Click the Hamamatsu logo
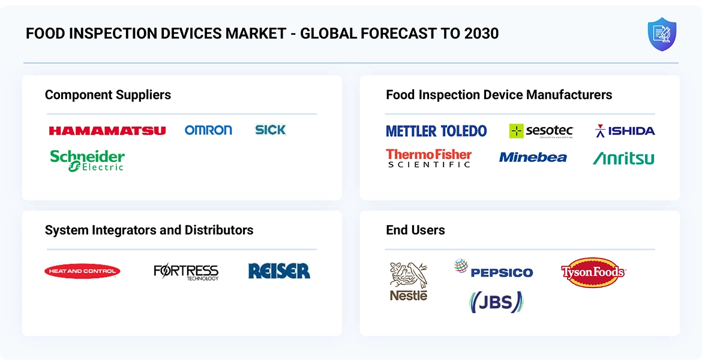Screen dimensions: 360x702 107,130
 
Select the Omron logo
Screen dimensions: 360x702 208,130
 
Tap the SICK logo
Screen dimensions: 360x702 270,130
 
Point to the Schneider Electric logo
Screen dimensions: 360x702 88,160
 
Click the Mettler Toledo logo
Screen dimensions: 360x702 436,131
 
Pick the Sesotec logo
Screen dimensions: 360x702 541,131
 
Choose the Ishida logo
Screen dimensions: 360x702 625,131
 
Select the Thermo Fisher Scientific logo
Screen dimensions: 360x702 429,158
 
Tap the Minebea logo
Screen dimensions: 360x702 533,157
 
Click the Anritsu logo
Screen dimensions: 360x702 623,158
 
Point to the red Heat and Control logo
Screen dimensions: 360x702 82,271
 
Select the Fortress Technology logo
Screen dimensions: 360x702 186,272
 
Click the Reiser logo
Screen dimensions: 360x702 279,271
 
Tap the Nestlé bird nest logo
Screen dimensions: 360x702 409,281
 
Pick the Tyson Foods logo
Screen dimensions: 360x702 593,272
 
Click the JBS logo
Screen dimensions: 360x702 496,302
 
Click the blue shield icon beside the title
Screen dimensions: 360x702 662,34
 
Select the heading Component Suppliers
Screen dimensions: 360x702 108,95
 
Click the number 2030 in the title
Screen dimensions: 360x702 482,34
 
